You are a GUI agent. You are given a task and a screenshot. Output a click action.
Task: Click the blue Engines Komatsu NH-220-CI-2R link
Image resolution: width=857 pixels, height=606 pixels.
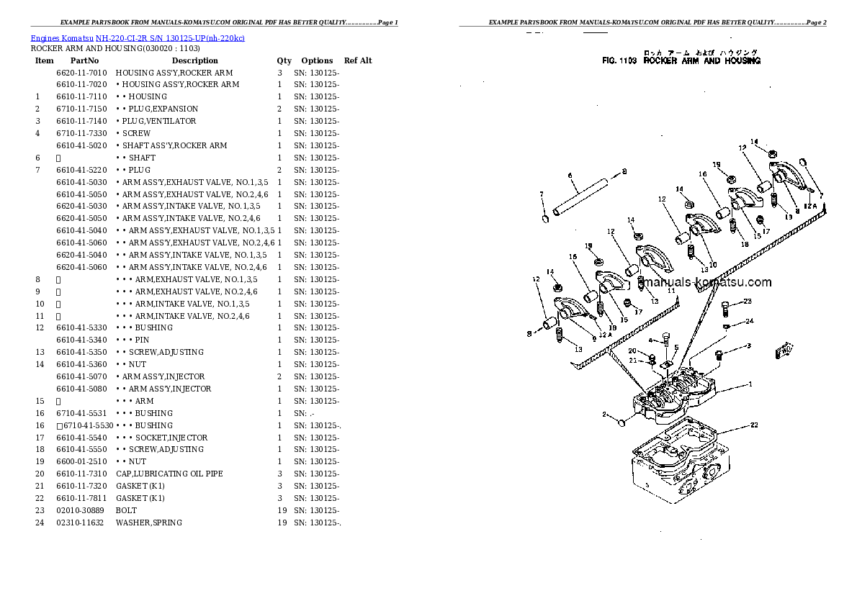(137, 38)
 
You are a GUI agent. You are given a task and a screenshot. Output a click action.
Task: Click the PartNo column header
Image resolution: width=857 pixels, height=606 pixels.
(84, 61)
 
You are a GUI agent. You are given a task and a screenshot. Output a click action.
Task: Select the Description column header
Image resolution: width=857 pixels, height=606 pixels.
(194, 61)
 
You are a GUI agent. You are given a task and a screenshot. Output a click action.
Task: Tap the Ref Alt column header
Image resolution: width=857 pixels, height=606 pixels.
(358, 61)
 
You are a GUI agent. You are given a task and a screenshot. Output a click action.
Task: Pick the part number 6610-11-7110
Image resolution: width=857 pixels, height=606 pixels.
(81, 96)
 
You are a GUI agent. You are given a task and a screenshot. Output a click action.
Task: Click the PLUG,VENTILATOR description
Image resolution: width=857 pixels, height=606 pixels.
(156, 121)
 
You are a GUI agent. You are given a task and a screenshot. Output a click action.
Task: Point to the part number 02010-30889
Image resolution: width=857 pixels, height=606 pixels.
(80, 510)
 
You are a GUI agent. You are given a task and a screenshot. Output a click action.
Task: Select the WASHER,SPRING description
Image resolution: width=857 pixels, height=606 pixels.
(149, 523)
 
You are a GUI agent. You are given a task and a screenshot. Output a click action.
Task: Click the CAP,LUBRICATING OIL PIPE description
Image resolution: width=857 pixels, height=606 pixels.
(169, 474)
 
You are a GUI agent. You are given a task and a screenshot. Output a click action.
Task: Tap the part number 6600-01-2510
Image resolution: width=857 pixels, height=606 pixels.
(81, 461)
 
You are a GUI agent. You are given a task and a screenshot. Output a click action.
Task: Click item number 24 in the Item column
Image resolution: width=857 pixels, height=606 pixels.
(40, 523)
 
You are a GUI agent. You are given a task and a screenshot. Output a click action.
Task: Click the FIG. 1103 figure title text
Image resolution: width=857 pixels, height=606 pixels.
(681, 61)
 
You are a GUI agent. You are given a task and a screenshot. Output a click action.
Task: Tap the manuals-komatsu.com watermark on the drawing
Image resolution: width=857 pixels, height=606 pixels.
(706, 283)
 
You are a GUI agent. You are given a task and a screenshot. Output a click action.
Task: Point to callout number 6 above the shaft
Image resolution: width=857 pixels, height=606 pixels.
(570, 176)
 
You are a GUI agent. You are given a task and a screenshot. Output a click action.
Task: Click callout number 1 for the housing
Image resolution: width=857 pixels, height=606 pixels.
(750, 384)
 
